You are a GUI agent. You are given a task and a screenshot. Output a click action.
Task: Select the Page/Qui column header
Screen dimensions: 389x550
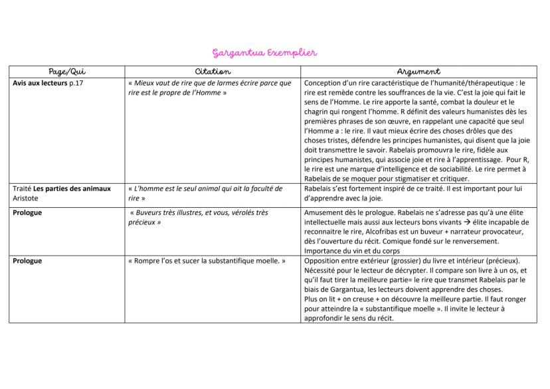(67, 71)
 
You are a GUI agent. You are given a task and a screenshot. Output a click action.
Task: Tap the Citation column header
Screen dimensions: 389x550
(213, 71)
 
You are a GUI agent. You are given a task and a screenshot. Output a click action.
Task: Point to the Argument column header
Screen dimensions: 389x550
(418, 71)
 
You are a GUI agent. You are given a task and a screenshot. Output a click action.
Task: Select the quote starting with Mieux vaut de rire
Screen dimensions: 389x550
(209, 88)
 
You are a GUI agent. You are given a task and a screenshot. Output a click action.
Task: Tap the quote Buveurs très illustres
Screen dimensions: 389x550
(198, 217)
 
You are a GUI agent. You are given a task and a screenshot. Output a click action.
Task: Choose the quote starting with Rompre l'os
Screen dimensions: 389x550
(207, 261)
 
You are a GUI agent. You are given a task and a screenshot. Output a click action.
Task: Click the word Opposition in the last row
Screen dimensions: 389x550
(323, 261)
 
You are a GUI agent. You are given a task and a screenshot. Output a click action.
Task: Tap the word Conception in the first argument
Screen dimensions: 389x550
(325, 83)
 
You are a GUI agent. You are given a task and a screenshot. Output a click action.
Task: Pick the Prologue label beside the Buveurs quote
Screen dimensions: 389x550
(27, 212)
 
